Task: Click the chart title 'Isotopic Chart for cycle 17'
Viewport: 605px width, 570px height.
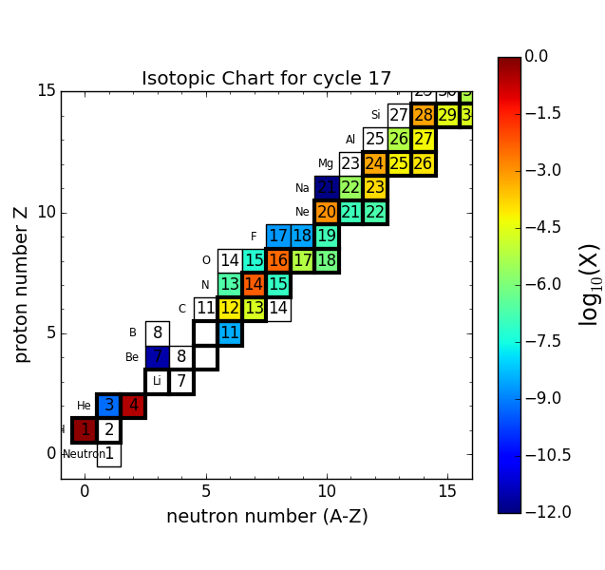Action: pos(266,79)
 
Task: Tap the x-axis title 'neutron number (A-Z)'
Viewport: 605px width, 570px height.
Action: pos(267,517)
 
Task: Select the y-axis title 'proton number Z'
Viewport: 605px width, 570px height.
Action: pos(21,284)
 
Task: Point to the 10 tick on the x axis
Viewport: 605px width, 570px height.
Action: pos(327,491)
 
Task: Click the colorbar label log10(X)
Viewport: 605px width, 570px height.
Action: pos(590,284)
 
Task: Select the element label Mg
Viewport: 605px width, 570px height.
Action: pos(326,163)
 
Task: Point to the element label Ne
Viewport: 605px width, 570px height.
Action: pos(302,212)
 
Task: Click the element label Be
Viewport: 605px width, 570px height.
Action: pos(132,357)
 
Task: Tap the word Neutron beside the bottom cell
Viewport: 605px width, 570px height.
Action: pos(84,454)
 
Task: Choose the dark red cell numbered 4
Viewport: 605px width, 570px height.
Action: pos(133,406)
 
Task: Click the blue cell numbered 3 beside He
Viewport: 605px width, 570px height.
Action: pos(109,406)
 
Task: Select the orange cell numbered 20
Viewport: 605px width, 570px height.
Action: pos(327,212)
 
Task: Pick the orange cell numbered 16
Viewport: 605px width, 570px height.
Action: pos(278,260)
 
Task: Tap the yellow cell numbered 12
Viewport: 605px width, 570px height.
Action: pos(230,309)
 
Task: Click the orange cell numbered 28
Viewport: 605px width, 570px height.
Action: pos(424,115)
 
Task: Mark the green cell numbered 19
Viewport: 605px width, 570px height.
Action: pos(327,236)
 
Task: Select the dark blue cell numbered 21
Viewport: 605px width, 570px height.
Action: pos(327,187)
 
